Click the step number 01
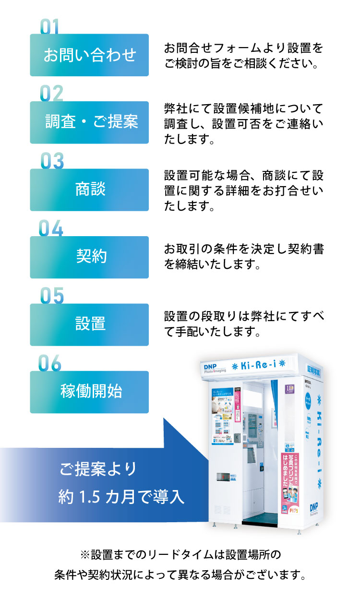click(49, 27)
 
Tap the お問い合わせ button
click(89, 55)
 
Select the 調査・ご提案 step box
click(89, 122)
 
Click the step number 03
click(52, 161)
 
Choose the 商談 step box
click(89, 190)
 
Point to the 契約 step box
click(89, 257)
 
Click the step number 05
click(52, 296)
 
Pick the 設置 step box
click(89, 324)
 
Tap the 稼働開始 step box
click(89, 392)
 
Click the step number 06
click(50, 364)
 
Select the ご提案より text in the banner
click(98, 468)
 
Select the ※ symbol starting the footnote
click(84, 555)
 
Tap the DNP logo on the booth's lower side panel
click(314, 508)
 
